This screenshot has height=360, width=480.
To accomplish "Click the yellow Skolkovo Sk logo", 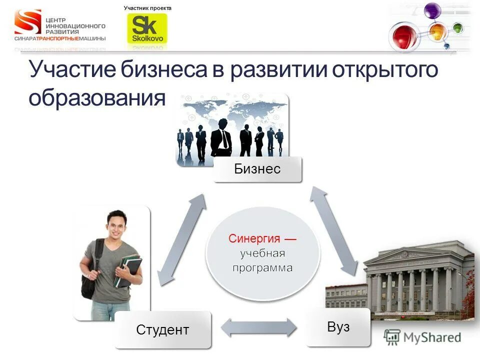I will click(x=147, y=28).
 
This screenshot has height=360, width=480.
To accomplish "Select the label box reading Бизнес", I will click(x=257, y=169).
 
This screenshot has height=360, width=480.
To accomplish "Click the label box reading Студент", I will click(x=162, y=329).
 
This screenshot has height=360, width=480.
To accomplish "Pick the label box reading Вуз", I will click(x=338, y=327).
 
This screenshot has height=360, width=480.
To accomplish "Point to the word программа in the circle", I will click(x=262, y=268).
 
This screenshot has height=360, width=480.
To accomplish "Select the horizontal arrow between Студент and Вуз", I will click(x=258, y=328).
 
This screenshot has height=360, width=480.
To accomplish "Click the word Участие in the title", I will click(x=72, y=70).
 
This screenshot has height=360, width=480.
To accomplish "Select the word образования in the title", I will click(x=96, y=97).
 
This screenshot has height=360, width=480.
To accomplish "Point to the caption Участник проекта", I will click(x=147, y=8).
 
